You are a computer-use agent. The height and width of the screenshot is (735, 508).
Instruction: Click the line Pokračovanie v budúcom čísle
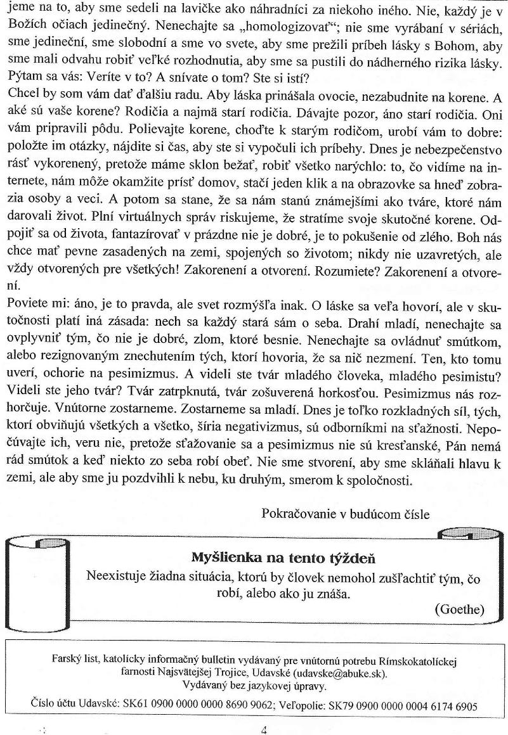(345, 514)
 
